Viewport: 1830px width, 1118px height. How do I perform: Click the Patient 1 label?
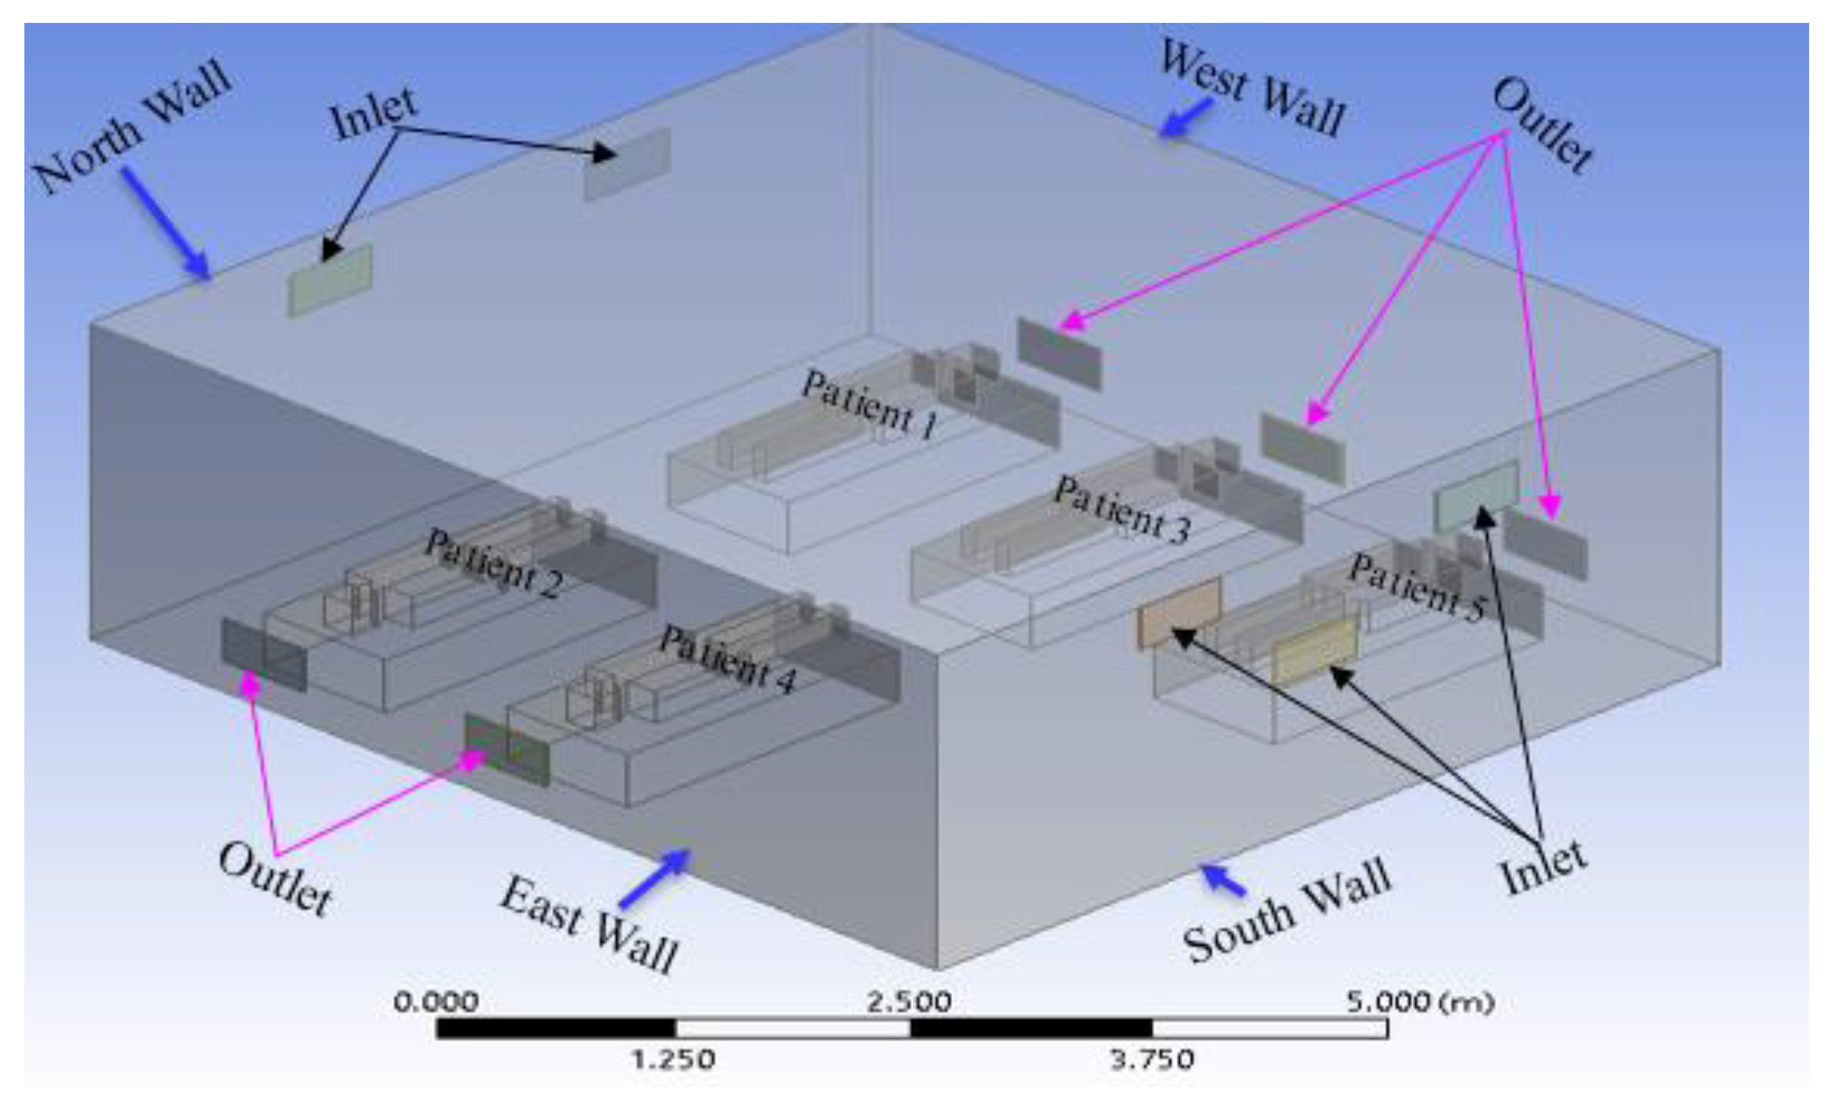coord(869,405)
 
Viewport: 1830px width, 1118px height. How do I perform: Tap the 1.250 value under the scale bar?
coord(674,1059)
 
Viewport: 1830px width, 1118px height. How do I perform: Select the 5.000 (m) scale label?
coord(1419,1003)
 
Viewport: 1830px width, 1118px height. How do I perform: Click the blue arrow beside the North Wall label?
coord(167,223)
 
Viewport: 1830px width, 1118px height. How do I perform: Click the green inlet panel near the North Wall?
coord(330,280)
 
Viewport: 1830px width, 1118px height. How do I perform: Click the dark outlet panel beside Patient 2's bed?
coord(264,654)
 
